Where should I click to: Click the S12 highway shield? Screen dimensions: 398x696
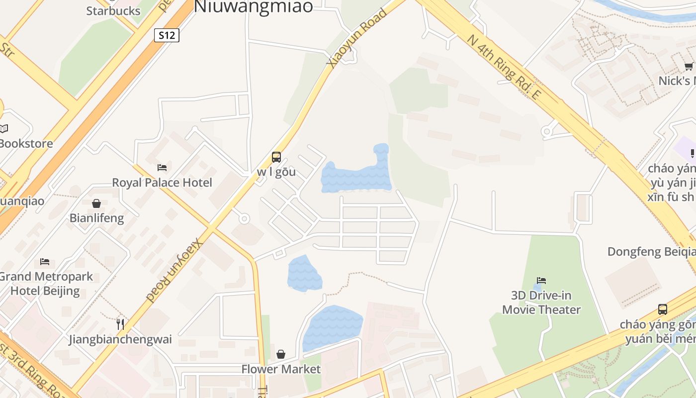coord(167,35)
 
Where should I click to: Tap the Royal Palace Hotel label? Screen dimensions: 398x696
coord(162,183)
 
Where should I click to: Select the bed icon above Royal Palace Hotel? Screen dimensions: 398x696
coord(162,168)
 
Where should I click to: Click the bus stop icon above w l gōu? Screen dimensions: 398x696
coord(276,157)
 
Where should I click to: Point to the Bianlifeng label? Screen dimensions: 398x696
coord(96,218)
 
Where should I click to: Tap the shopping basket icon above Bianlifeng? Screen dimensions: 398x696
coord(96,203)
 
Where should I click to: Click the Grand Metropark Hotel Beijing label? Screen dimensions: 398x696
coord(45,284)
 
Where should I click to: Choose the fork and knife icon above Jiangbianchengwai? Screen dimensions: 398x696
coord(120,324)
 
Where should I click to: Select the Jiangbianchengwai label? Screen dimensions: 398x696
coord(120,340)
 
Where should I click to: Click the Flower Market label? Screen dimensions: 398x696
coord(281,369)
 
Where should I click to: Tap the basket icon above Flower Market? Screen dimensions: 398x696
coord(281,354)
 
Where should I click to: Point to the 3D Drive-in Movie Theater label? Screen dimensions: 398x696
coord(541,302)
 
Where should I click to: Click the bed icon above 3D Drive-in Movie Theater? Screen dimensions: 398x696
coord(541,281)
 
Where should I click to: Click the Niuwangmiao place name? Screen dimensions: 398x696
coord(254,6)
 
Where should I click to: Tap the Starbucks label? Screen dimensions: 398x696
coord(113,11)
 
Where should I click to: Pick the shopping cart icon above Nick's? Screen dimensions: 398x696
coord(689,67)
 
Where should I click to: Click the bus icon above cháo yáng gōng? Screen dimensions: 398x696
coord(663,309)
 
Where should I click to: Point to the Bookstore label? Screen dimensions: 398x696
coord(26,143)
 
